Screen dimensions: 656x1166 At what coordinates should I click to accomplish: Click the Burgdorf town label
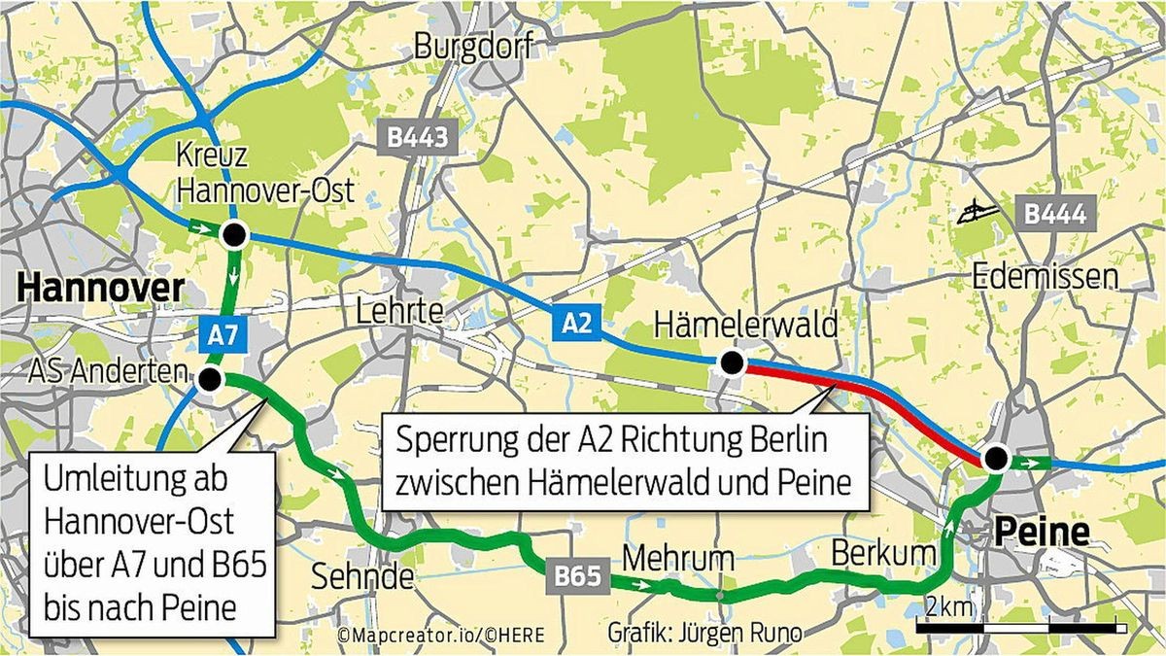pyautogui.click(x=473, y=46)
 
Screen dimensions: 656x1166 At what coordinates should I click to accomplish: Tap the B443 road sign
pyautogui.click(x=417, y=138)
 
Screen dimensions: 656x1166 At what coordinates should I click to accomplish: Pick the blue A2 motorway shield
pyautogui.click(x=575, y=323)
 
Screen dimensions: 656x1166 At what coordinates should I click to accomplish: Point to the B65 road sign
pyautogui.click(x=579, y=576)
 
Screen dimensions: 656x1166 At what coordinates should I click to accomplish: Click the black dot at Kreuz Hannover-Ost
pyautogui.click(x=233, y=234)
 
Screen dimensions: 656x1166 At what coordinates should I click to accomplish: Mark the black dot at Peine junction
pyautogui.click(x=994, y=459)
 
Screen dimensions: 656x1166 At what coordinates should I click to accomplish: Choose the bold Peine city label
pyautogui.click(x=1041, y=532)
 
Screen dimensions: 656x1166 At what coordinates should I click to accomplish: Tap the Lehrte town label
pyautogui.click(x=399, y=312)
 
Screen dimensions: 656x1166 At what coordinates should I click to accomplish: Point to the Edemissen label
pyautogui.click(x=1046, y=277)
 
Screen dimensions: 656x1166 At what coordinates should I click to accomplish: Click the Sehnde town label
pyautogui.click(x=362, y=576)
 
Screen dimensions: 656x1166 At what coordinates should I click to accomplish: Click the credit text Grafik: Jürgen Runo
pyautogui.click(x=692, y=633)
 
